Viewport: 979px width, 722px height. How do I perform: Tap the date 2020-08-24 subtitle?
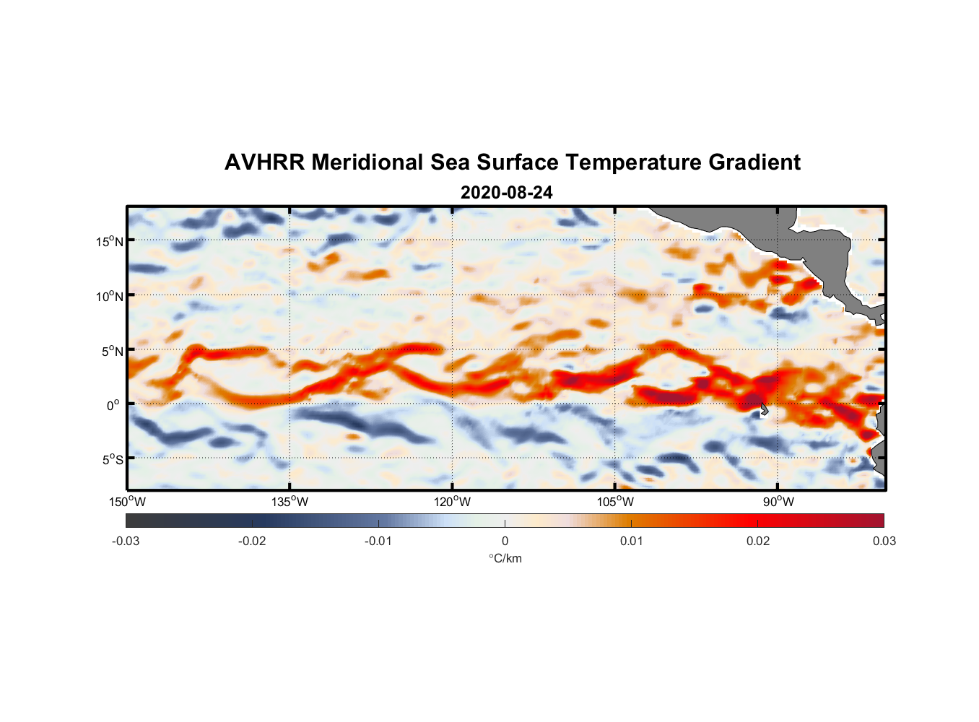(506, 193)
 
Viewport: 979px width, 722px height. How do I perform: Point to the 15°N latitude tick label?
(110, 241)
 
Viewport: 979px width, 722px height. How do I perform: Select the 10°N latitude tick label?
(110, 296)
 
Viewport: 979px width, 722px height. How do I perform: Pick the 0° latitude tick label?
(113, 405)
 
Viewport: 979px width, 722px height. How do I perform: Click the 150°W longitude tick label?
(127, 502)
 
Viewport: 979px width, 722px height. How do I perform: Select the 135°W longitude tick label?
(290, 502)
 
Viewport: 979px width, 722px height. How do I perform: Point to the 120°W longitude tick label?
(453, 502)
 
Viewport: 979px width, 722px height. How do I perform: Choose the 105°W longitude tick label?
(615, 502)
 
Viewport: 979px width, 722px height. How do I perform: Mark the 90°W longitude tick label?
(778, 502)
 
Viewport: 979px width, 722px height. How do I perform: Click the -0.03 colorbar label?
(126, 541)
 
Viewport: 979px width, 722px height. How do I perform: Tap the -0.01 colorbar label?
(378, 541)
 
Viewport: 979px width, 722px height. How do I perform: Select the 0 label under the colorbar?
(505, 541)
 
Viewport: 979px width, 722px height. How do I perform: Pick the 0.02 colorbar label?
(758, 541)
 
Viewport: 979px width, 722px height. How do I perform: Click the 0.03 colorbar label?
(884, 541)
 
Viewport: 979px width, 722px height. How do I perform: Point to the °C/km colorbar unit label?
(505, 558)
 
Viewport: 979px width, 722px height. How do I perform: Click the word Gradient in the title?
(754, 162)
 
